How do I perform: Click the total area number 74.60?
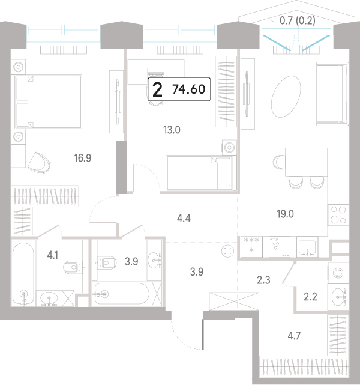188,89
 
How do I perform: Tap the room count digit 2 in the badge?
157,90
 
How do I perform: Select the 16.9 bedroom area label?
83,158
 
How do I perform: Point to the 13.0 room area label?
172,130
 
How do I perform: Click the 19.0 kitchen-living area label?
285,214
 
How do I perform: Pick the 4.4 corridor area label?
184,218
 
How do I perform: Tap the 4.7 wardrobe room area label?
294,336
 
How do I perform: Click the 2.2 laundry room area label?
310,297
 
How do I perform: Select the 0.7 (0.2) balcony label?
297,20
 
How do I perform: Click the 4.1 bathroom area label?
52,255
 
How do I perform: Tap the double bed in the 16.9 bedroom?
48,102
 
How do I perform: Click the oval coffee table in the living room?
286,97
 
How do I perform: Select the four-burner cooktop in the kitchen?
338,215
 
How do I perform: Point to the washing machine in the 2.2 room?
338,273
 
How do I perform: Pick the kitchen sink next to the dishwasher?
307,247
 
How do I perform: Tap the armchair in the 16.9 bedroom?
39,163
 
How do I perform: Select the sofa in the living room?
332,94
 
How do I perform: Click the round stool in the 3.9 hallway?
227,251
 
